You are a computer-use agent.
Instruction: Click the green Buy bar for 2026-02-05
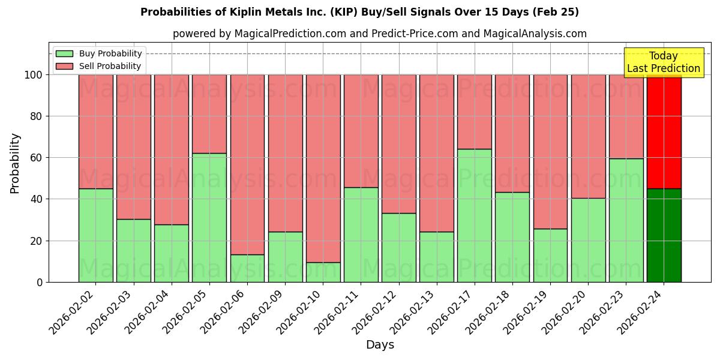tap(209, 217)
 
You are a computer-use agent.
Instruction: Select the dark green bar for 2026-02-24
tap(664, 235)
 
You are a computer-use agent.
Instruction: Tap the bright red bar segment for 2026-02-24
tap(664, 131)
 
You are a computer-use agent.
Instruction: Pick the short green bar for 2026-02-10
tap(323, 272)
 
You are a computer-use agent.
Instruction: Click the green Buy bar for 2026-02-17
tap(474, 215)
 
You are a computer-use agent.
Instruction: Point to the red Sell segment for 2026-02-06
tap(247, 164)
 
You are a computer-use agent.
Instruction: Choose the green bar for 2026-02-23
tap(626, 220)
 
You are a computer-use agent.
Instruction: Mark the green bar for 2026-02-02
tap(96, 235)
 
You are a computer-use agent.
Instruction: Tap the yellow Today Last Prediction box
tap(664, 62)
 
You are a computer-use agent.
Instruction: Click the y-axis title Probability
tap(15, 163)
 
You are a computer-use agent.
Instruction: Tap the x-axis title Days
tap(380, 345)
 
